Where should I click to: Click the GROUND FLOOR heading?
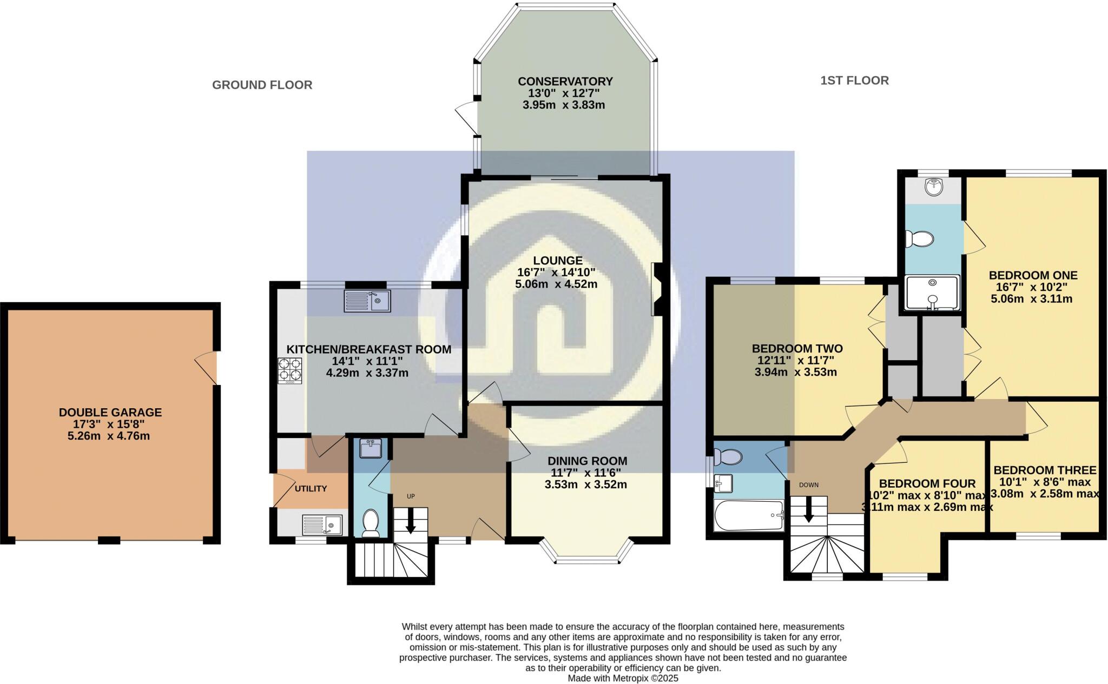point(262,85)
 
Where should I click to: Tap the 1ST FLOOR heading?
point(854,81)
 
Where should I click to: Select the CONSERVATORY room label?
point(565,82)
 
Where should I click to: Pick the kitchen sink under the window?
point(367,301)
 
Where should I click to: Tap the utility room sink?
point(322,524)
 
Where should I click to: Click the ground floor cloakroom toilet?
point(371,523)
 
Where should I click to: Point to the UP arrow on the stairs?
point(411,523)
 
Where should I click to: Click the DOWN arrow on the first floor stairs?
point(809,510)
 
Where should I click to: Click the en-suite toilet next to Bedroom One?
point(920,238)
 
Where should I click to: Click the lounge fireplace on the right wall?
point(658,289)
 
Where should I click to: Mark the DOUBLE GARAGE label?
point(110,413)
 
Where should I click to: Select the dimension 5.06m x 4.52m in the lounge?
point(556,284)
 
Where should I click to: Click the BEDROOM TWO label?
point(797,349)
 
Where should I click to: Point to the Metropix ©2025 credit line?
point(623,678)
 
